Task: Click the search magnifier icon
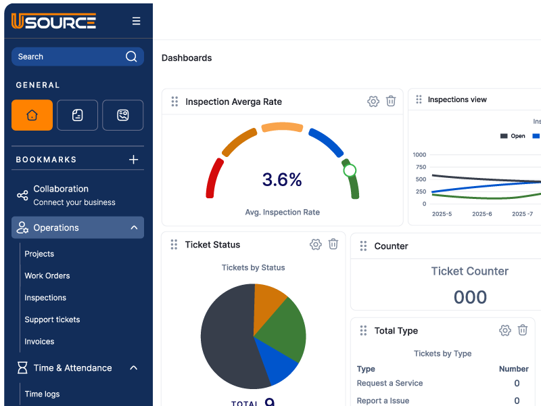pos(131,57)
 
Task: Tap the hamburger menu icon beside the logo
pos(137,21)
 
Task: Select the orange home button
pos(32,115)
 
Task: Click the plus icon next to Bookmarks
pos(134,160)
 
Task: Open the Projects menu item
pos(39,254)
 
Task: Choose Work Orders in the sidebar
pos(47,275)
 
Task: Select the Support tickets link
pos(52,319)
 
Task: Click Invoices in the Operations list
pos(39,342)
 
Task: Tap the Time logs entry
pos(42,394)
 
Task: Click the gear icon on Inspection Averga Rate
pos(373,101)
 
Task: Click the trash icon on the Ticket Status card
pos(333,244)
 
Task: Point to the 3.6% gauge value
pos(282,179)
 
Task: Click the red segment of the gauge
pos(214,178)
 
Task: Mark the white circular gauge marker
pos(350,171)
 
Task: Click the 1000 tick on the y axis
pos(419,154)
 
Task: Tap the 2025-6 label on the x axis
pos(482,214)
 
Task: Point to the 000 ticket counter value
pos(470,297)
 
